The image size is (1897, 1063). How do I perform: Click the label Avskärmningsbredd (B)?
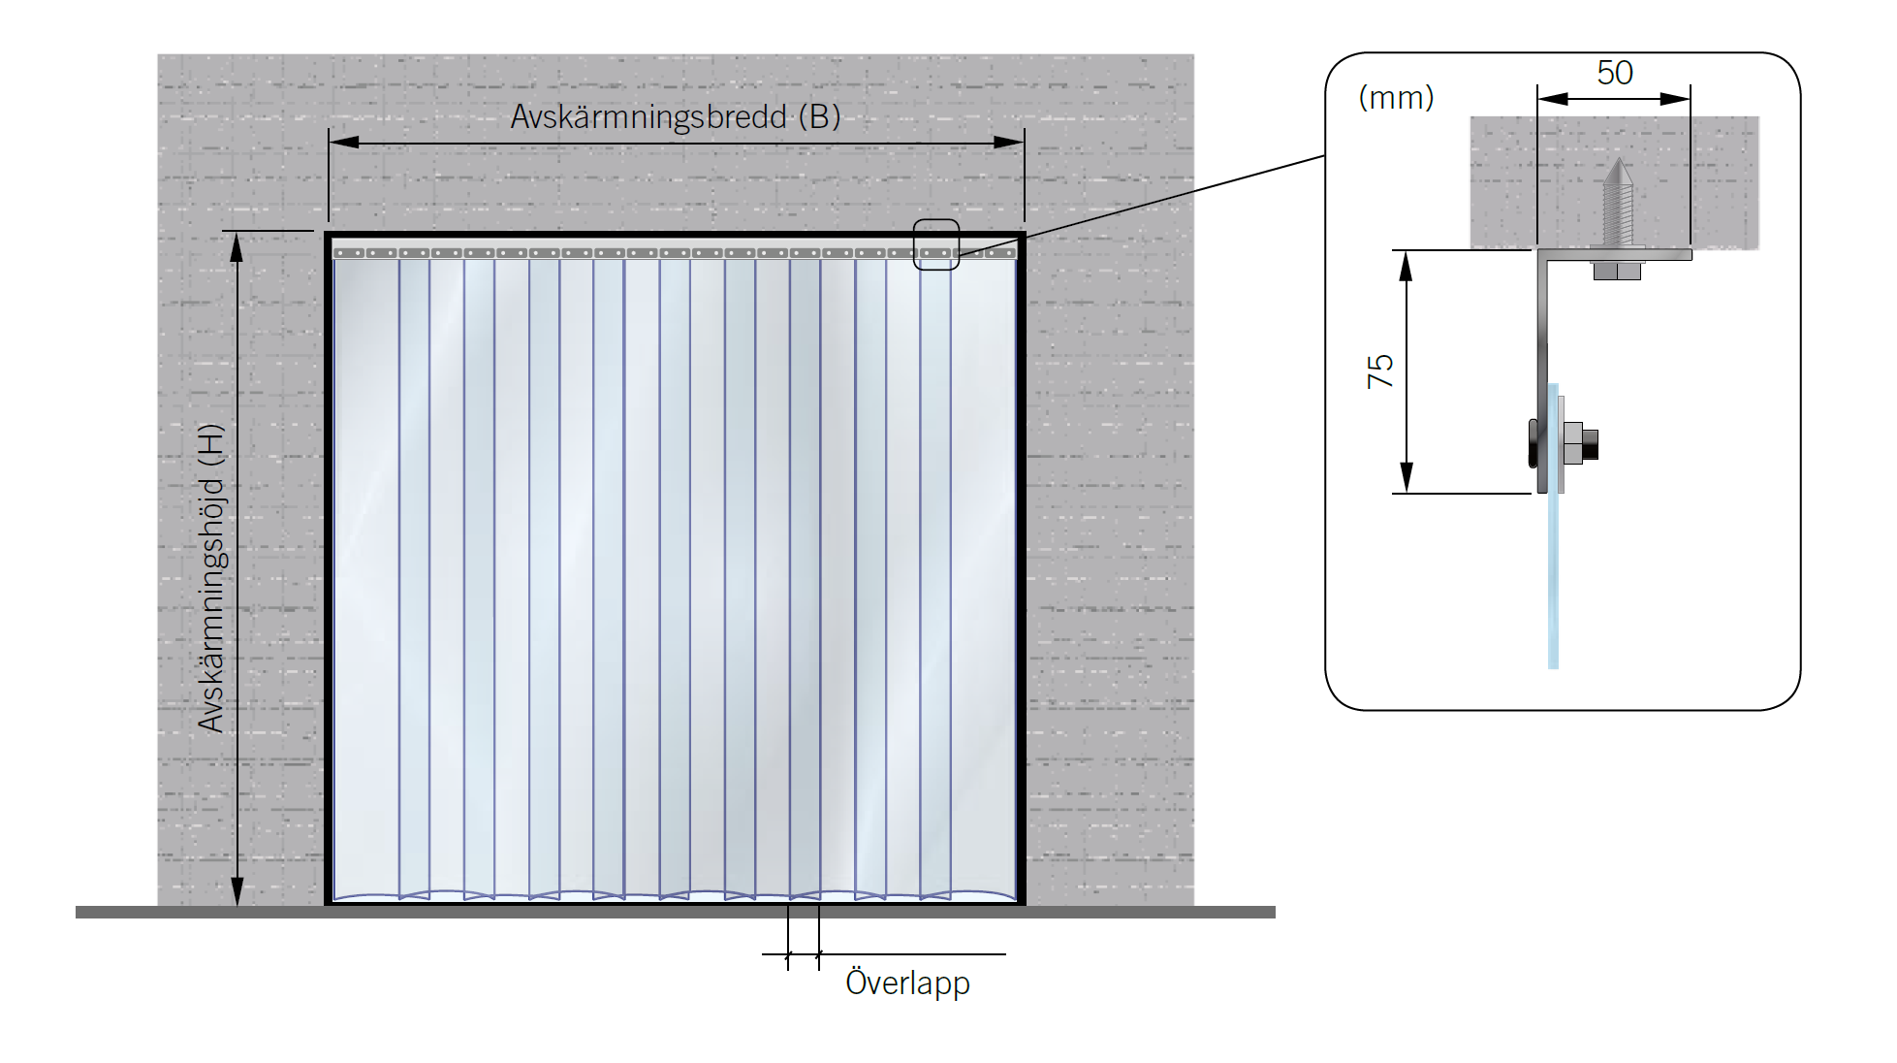(675, 117)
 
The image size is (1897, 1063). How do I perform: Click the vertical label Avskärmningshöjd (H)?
(211, 578)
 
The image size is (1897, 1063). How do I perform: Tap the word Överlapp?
(907, 982)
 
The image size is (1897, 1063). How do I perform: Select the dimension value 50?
(1614, 73)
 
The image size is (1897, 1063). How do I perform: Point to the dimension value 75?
(1379, 370)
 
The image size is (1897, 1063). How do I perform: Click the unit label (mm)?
(1396, 97)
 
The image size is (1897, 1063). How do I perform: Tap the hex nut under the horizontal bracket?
(1617, 271)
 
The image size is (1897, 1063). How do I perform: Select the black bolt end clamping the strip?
(1589, 444)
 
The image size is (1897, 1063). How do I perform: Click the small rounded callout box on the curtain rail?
(935, 244)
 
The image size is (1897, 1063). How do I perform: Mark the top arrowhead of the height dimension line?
(237, 247)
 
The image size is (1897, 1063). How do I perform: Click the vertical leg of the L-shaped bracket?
(1541, 339)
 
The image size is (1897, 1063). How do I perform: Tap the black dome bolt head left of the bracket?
(1532, 443)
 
